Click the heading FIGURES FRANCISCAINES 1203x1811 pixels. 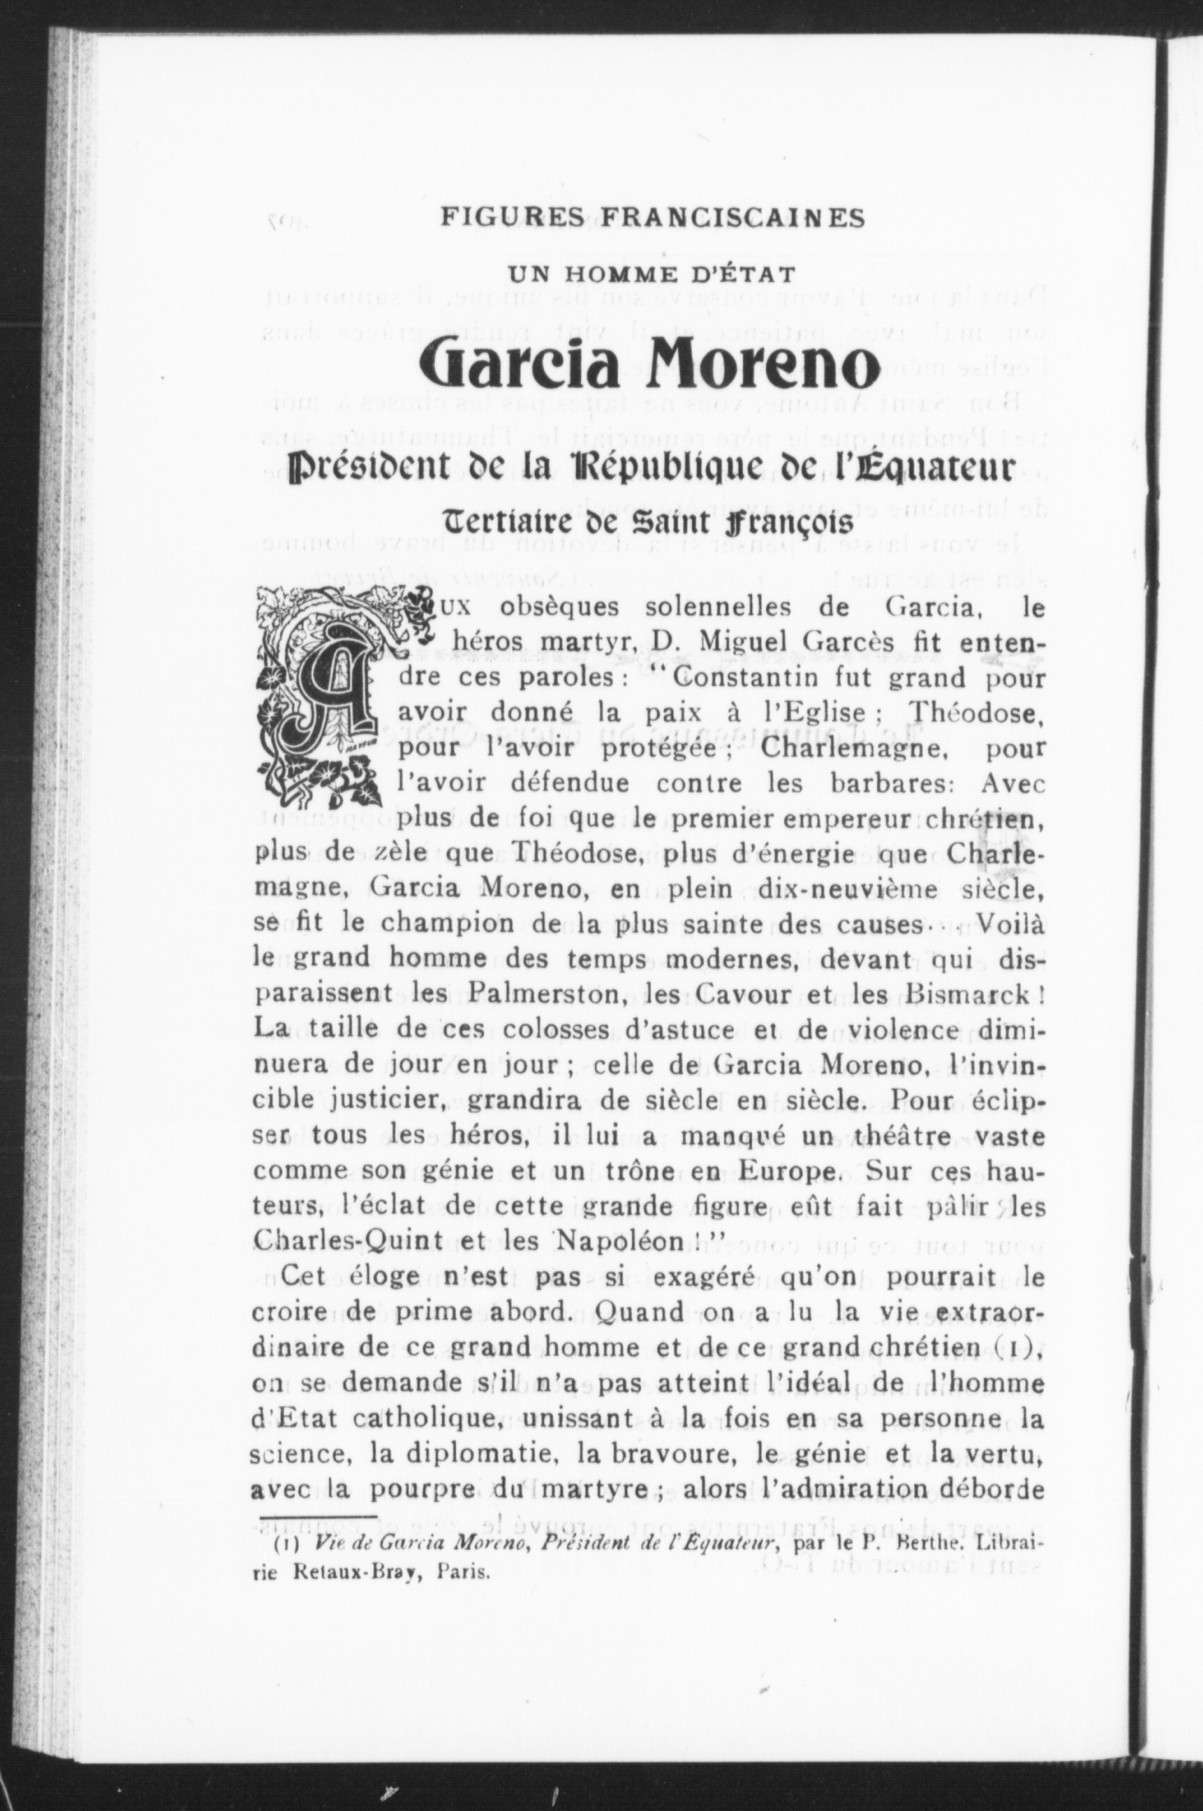click(652, 219)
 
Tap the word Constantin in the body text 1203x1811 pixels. click(737, 679)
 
